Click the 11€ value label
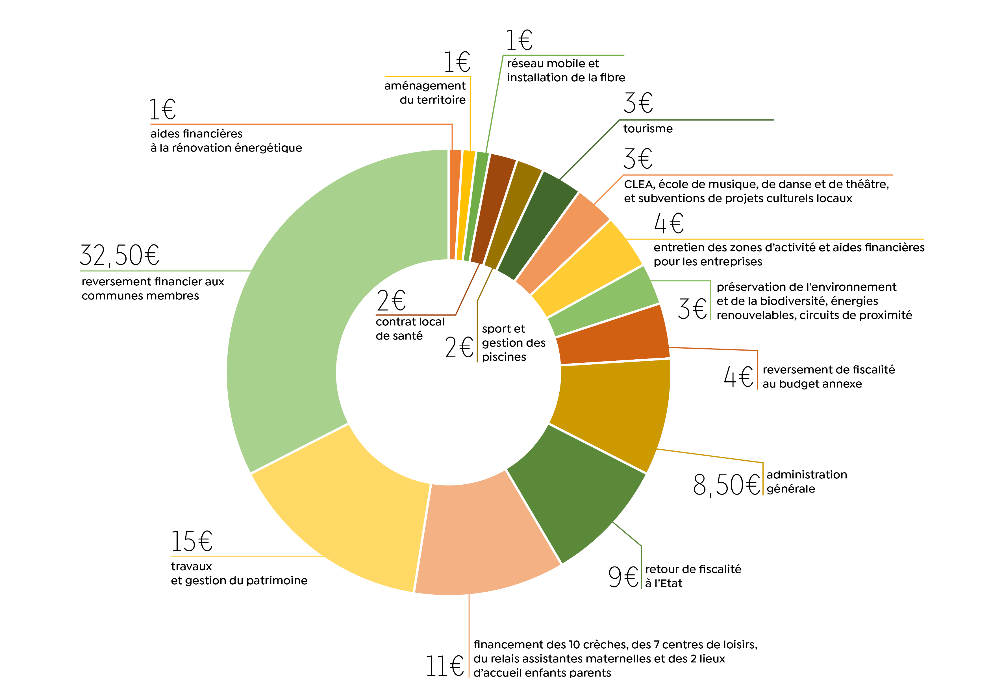tap(445, 666)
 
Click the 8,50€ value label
tap(726, 485)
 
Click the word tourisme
tap(648, 128)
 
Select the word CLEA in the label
tap(639, 185)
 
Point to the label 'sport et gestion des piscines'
tap(513, 343)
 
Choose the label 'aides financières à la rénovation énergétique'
tap(226, 141)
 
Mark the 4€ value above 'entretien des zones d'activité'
tap(669, 224)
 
